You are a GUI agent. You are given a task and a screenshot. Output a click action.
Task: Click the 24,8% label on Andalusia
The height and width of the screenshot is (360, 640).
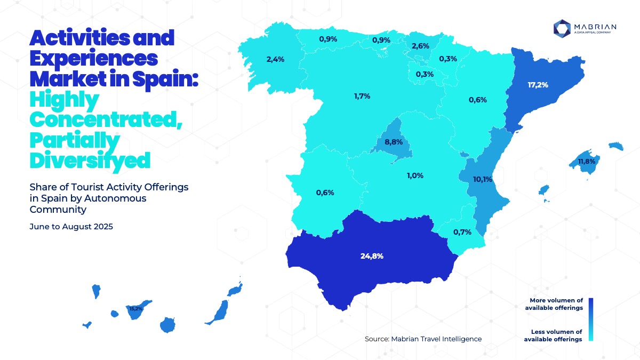point(372,256)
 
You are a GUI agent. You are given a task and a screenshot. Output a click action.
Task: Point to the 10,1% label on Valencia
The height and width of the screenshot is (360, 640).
point(483,179)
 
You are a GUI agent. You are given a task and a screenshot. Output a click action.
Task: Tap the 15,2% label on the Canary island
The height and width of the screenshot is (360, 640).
point(136,308)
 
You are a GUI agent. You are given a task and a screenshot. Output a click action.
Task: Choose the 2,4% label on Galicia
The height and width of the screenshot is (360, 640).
point(275,59)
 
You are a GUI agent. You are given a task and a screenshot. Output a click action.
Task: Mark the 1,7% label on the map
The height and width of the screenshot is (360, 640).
point(362,96)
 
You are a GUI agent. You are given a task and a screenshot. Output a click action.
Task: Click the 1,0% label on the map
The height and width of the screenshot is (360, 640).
point(414,175)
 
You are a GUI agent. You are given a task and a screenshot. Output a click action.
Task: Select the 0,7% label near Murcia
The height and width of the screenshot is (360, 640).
point(461,232)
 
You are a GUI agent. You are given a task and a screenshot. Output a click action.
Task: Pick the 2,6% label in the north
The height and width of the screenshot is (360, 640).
point(420,46)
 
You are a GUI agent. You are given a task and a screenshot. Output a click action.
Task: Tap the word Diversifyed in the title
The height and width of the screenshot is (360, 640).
point(90,159)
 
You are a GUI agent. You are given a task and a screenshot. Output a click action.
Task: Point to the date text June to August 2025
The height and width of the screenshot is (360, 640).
point(71,226)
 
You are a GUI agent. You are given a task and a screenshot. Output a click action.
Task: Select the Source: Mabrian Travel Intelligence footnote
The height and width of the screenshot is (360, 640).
point(423,339)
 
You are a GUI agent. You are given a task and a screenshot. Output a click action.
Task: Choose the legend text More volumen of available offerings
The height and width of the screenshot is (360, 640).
point(553,304)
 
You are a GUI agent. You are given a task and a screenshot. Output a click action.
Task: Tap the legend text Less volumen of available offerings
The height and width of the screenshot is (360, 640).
point(553,335)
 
